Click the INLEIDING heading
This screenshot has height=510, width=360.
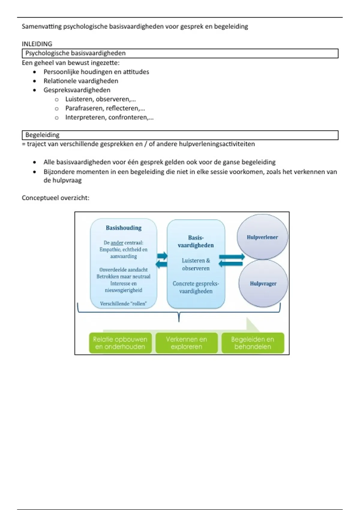pos(37,44)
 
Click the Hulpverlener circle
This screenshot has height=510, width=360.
pos(262,237)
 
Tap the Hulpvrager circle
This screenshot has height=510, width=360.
pos(263,283)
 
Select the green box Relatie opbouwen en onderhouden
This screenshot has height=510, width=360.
pos(120,343)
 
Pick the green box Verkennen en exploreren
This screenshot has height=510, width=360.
pos(186,343)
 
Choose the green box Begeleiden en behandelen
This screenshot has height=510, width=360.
pos(253,343)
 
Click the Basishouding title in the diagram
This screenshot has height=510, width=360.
pos(124,228)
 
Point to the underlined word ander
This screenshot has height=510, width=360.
pos(117,243)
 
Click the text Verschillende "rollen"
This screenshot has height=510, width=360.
pos(123,304)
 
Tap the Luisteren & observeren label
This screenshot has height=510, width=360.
pos(196,264)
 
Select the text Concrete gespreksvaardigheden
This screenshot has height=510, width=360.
pos(196,287)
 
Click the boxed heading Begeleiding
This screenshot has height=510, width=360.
pos(42,135)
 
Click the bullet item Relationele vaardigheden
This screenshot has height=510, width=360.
pos(81,81)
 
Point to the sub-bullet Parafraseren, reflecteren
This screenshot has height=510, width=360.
pos(105,108)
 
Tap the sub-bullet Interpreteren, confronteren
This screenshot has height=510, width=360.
pos(109,117)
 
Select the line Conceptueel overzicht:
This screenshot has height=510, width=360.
pos(55,198)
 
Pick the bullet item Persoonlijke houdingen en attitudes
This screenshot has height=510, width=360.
pos(96,72)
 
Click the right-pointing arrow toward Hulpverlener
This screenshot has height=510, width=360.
pos(232,257)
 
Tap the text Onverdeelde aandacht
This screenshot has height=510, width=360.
pos(123,270)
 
